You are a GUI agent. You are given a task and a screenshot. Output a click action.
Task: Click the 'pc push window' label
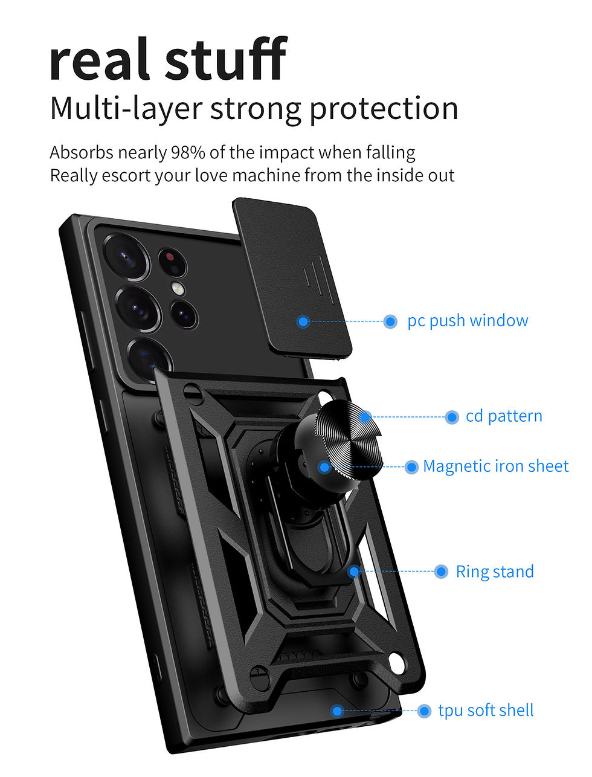pos(468,321)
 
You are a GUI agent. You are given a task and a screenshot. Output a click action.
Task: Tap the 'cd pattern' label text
pos(504,416)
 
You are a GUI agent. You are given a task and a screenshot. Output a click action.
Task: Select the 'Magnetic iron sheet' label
pos(496,466)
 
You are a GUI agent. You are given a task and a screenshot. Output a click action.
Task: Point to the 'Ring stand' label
pos(495,572)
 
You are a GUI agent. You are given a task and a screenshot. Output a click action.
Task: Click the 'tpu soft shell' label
pos(486,711)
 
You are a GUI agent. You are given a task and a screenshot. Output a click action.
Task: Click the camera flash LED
pos(178,288)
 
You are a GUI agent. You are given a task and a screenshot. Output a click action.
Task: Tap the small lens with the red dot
pos(172,262)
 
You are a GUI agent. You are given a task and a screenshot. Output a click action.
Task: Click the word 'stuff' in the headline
pos(226,59)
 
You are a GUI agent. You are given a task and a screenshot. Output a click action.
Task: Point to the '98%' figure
pos(188,153)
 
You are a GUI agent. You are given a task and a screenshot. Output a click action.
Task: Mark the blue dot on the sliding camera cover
pos(303,321)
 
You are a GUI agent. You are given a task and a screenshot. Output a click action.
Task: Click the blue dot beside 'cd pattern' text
pos(451,417)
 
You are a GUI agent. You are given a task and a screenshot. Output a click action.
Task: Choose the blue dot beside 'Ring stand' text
pos(441,572)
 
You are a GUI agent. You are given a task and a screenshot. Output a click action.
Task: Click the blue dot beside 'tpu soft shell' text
pos(424,711)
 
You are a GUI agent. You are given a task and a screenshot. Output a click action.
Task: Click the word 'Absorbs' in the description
pos(82,153)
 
